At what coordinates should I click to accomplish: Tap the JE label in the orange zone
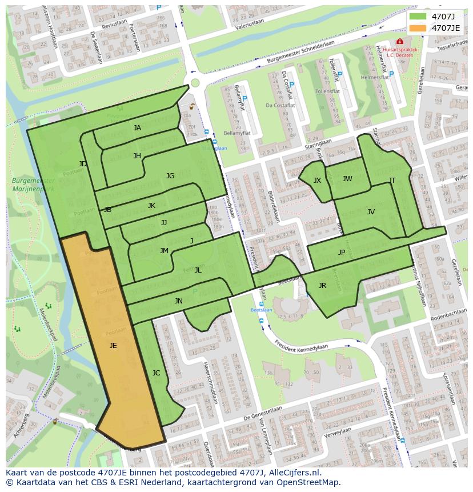coord(113,345)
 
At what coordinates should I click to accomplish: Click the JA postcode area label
coord(137,128)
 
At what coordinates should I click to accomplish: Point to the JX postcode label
coord(317,181)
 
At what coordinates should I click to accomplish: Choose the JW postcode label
coord(347,179)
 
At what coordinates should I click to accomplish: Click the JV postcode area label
coord(371,212)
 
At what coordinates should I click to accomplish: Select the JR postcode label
coord(322,286)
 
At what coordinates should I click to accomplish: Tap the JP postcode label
coord(342,253)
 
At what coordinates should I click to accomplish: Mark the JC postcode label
coord(156,373)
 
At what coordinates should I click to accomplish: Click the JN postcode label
coord(178,301)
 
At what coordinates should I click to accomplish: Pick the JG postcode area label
coord(170,176)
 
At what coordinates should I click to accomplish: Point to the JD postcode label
coord(83,164)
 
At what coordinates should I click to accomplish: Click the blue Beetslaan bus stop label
coord(262,310)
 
